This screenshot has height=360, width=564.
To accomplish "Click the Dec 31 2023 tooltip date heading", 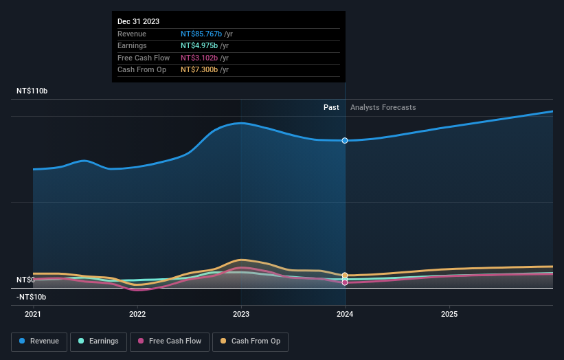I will pos(138,21).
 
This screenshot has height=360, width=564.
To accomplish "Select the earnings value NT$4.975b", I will pos(199,46).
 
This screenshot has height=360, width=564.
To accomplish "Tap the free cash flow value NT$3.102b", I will pos(199,58).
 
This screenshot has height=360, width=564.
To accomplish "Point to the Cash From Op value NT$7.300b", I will pos(199,70).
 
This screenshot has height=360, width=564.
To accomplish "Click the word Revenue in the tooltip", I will pos(132,34).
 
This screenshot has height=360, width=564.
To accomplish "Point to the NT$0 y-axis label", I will pos(25,280).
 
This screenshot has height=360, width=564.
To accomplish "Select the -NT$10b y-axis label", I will pos(31,297).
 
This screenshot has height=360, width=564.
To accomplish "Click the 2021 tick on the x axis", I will pos(33,314).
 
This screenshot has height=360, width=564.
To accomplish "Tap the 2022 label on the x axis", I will pos(137,314).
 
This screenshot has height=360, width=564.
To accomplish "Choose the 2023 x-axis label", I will pos(241,314).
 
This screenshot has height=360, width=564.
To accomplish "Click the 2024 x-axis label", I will pos(345,314).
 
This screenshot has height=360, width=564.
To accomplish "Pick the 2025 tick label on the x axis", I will pos(449,314).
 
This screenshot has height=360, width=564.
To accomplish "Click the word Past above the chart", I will pos(331,108).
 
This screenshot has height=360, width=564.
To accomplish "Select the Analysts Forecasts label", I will pos(383,108).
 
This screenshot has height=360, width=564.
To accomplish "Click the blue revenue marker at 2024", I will pos(345,140).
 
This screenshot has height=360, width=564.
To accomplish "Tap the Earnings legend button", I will pos(98,341).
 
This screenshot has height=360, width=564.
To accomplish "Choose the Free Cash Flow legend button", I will pos(170,341).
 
